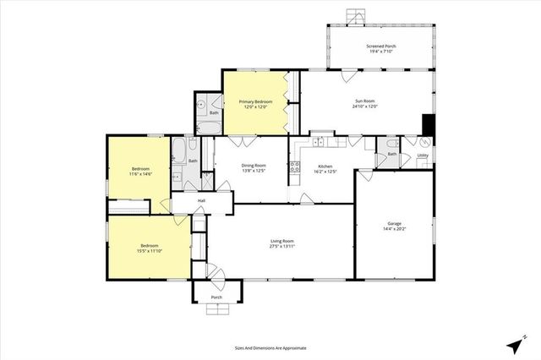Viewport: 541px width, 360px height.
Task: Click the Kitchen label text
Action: pyautogui.click(x=325, y=166)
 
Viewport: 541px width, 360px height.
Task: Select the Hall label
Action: pyautogui.click(x=202, y=200)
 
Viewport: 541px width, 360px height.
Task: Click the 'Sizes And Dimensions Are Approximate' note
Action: pyautogui.click(x=270, y=347)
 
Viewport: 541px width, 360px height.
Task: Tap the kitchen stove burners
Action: pyautogui.click(x=294, y=166)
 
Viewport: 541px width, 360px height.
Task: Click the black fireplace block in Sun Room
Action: pyautogui.click(x=428, y=124)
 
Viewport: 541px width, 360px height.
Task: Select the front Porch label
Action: pyautogui.click(x=216, y=297)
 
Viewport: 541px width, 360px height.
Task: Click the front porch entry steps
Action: pyautogui.click(x=218, y=309)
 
